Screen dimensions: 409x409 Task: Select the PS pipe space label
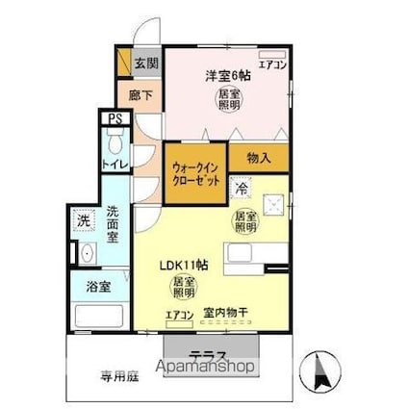tap(115, 120)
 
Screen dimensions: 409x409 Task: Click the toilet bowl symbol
tap(115, 144)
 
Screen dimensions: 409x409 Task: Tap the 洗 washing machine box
tap(84, 220)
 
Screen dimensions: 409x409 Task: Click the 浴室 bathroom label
tap(99, 287)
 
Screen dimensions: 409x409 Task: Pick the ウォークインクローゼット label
tap(195, 172)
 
